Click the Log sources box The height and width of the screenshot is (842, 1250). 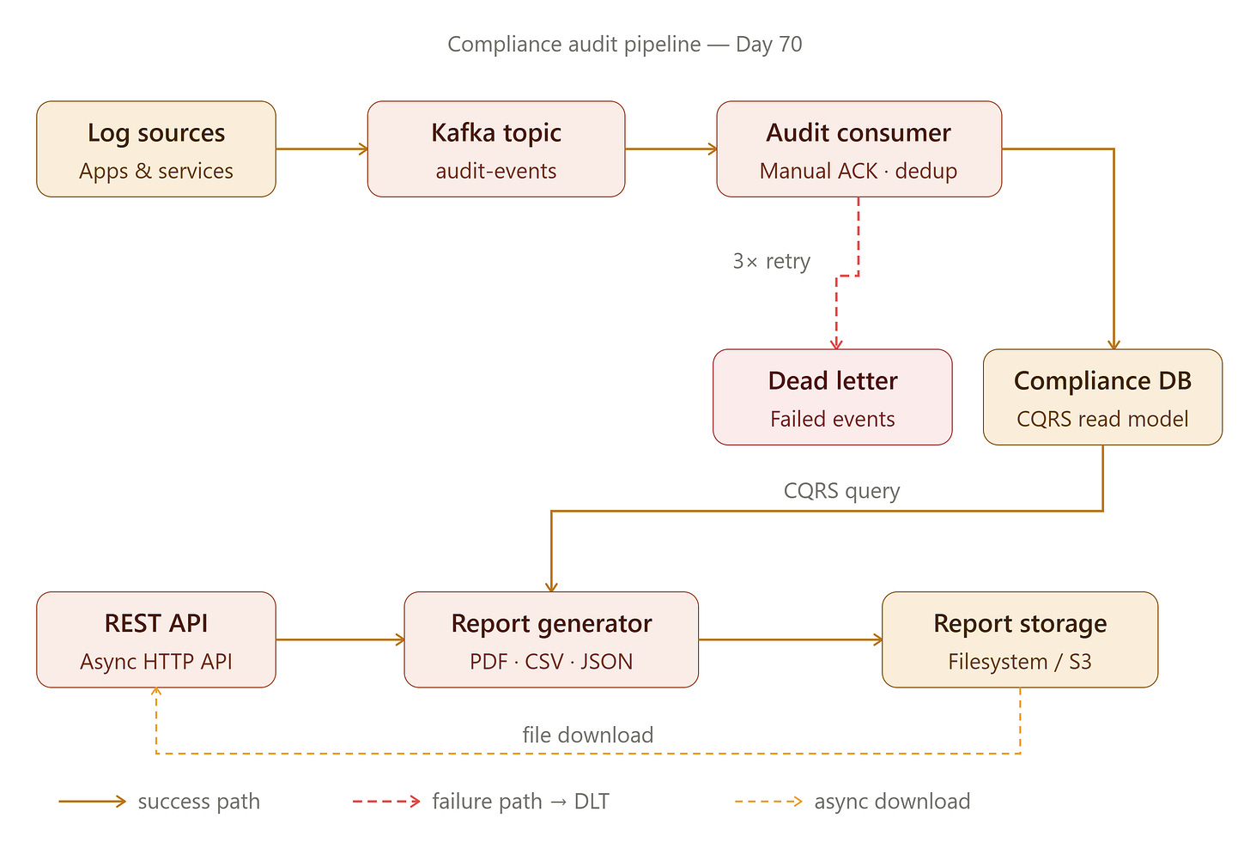156,149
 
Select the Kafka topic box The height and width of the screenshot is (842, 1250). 496,149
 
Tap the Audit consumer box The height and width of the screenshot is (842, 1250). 859,149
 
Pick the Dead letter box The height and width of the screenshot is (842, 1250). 833,397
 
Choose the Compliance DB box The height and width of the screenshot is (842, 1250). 1102,397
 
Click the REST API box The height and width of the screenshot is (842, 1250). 156,639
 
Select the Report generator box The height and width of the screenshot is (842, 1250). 551,639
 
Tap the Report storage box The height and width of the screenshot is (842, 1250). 1020,639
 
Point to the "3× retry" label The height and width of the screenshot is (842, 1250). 771,261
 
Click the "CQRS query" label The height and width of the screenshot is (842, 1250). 841,491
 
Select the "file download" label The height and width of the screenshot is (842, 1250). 587,735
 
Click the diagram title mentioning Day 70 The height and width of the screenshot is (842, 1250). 625,44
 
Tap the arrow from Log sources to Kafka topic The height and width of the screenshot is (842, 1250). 322,149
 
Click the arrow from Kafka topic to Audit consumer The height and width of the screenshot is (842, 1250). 671,149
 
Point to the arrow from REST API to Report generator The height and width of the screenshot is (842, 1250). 340,639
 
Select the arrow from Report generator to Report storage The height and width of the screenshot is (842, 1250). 790,639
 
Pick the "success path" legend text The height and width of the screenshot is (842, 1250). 199,802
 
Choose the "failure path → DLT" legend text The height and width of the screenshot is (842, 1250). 520,802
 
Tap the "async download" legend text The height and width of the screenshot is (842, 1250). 892,802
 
